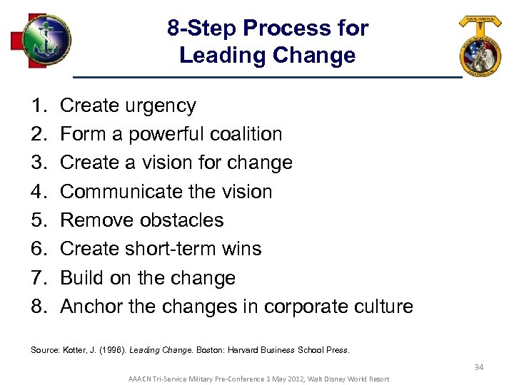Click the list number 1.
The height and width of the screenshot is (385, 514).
[38, 106]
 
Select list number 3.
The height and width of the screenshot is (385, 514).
[38, 163]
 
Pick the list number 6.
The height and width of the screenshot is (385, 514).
[38, 249]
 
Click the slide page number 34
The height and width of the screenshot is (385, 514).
[479, 367]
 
